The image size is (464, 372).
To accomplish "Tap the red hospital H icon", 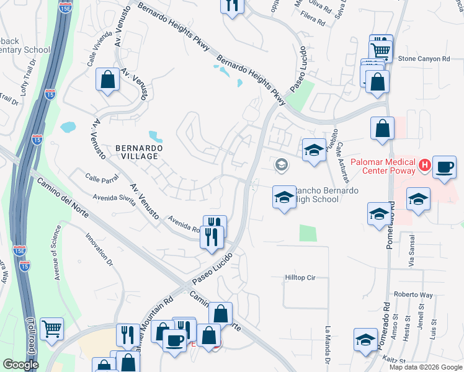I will coord(425,165).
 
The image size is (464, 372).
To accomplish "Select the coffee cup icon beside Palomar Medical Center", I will coord(444,167).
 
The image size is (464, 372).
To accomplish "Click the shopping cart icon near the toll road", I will coord(51,329).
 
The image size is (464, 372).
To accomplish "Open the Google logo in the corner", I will coord(20,365).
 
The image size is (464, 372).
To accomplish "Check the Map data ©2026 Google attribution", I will coord(425,367).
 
